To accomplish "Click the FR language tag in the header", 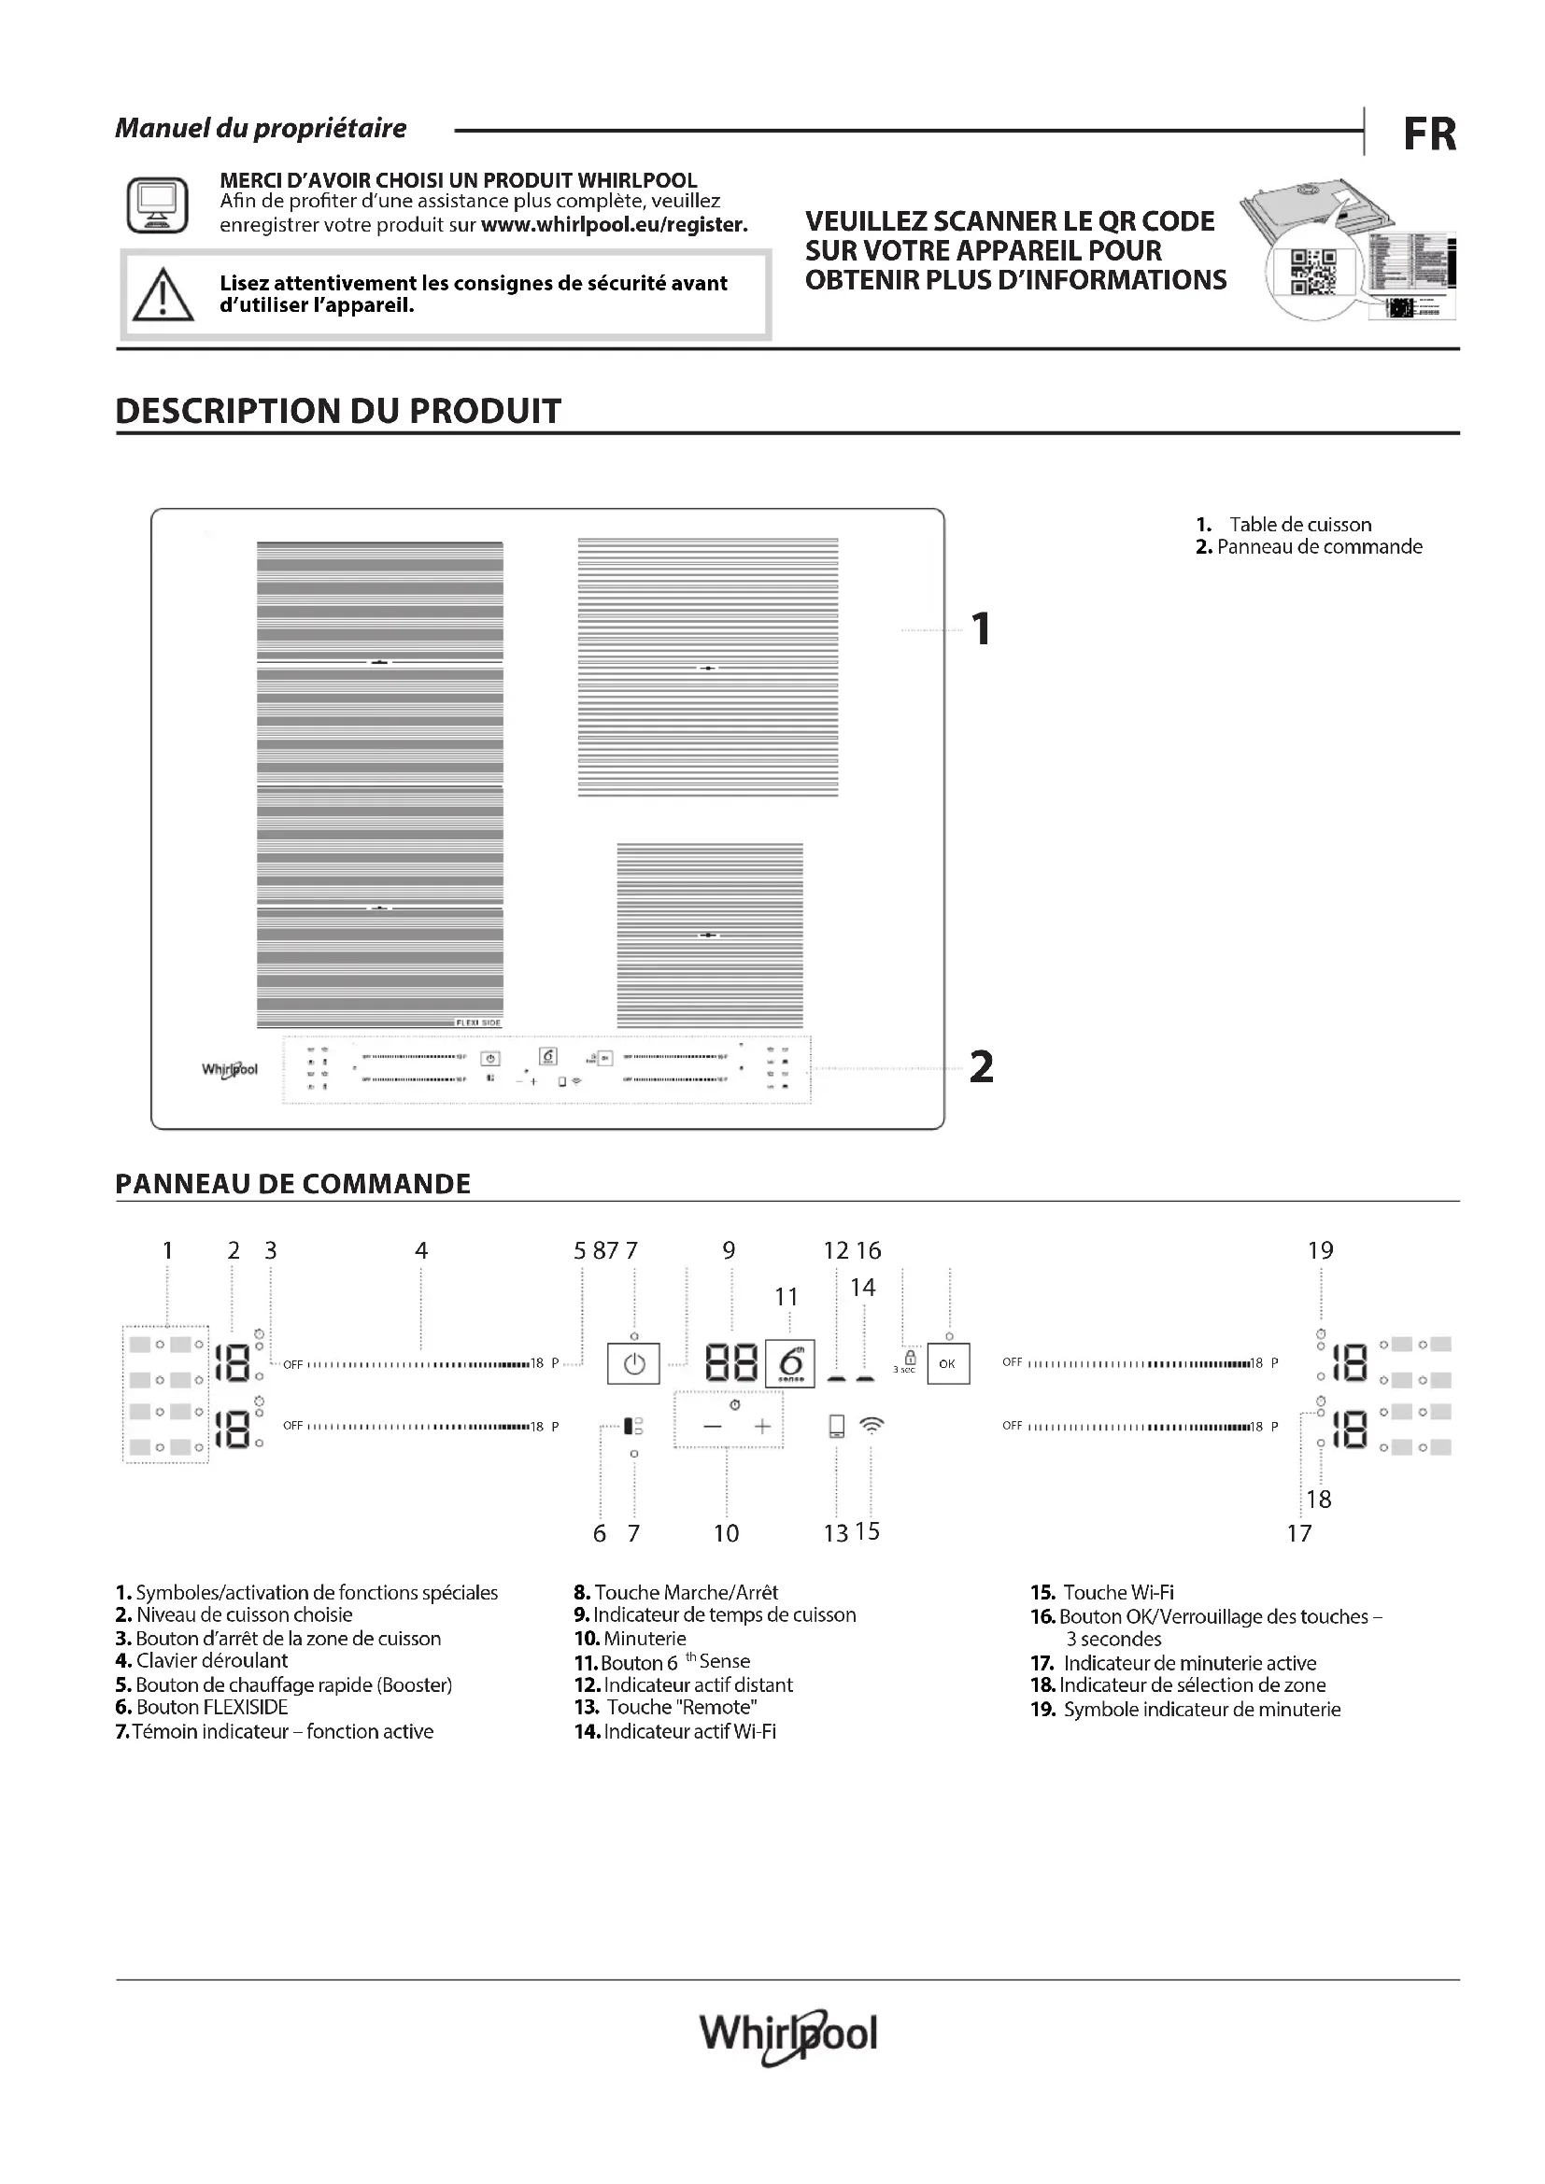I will [1429, 134].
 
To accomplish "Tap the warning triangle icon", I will [163, 295].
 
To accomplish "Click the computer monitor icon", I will [157, 204].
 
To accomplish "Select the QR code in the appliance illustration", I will [1311, 271].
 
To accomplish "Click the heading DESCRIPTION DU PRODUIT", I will [338, 411].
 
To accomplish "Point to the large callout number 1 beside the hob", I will [981, 629].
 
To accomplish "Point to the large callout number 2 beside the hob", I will [981, 1067].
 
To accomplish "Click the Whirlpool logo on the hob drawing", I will [229, 1069].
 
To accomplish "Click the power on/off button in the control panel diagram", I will [633, 1364].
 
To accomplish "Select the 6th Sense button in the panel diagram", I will [789, 1363].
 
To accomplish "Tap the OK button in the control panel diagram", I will [947, 1364].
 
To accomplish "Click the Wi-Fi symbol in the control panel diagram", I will [872, 1424].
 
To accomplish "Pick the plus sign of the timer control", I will [762, 1426].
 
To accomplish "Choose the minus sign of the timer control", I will [713, 1426].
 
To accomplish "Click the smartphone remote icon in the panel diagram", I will [836, 1425].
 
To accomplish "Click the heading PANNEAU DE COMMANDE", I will [293, 1183].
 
